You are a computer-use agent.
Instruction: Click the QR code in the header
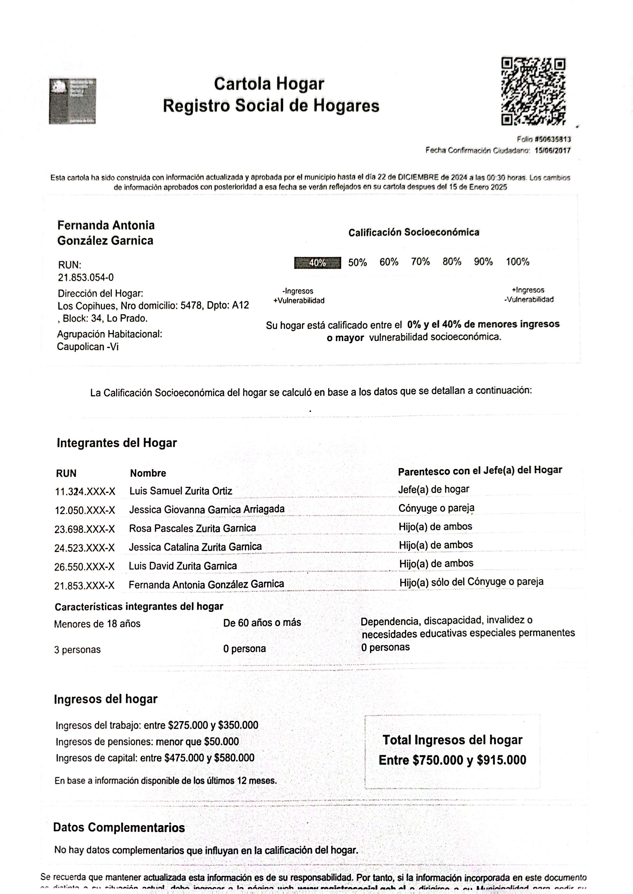533,91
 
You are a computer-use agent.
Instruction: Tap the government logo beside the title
72,101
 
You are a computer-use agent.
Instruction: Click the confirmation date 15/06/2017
552,150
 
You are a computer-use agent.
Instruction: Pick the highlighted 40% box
317,263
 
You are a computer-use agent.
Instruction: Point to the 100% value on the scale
517,262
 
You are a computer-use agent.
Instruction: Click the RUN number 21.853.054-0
86,278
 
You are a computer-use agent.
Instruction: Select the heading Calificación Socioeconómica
413,232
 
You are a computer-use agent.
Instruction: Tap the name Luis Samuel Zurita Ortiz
181,491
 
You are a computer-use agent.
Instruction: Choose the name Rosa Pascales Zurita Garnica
192,528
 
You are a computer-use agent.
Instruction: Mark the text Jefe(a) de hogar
433,489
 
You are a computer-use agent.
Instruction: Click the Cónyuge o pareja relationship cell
436,508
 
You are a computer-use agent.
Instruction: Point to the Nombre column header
148,473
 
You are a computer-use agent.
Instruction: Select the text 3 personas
77,650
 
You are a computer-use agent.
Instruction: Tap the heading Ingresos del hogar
106,699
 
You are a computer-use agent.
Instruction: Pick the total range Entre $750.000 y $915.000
452,760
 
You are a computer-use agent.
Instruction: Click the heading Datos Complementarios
119,828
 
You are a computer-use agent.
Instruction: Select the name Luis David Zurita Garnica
183,566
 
